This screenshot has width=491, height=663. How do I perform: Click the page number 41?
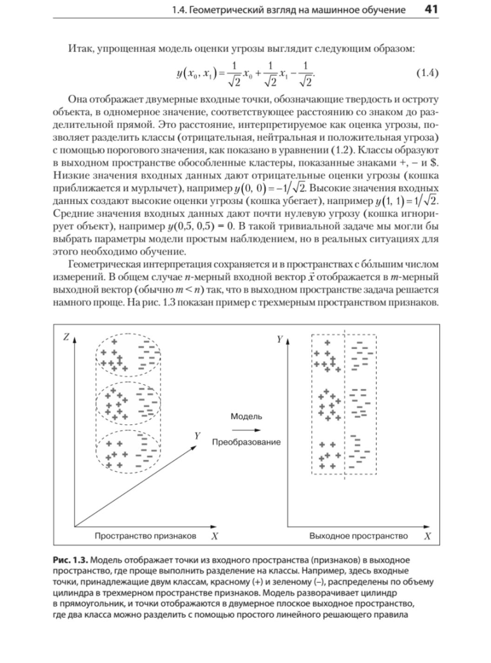(x=431, y=9)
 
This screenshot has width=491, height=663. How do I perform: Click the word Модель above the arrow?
(x=246, y=416)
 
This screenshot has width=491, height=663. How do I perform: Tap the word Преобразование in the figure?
(x=246, y=442)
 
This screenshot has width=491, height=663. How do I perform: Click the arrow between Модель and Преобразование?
(x=246, y=429)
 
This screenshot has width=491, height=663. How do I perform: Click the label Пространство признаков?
(x=145, y=536)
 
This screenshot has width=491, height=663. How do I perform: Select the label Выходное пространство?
(x=358, y=536)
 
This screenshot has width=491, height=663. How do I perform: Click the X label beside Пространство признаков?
(x=215, y=536)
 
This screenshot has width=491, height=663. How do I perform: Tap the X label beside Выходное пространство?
(x=428, y=536)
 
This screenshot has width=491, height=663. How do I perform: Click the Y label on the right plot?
(x=279, y=340)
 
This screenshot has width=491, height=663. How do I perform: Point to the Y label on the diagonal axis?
(x=197, y=436)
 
